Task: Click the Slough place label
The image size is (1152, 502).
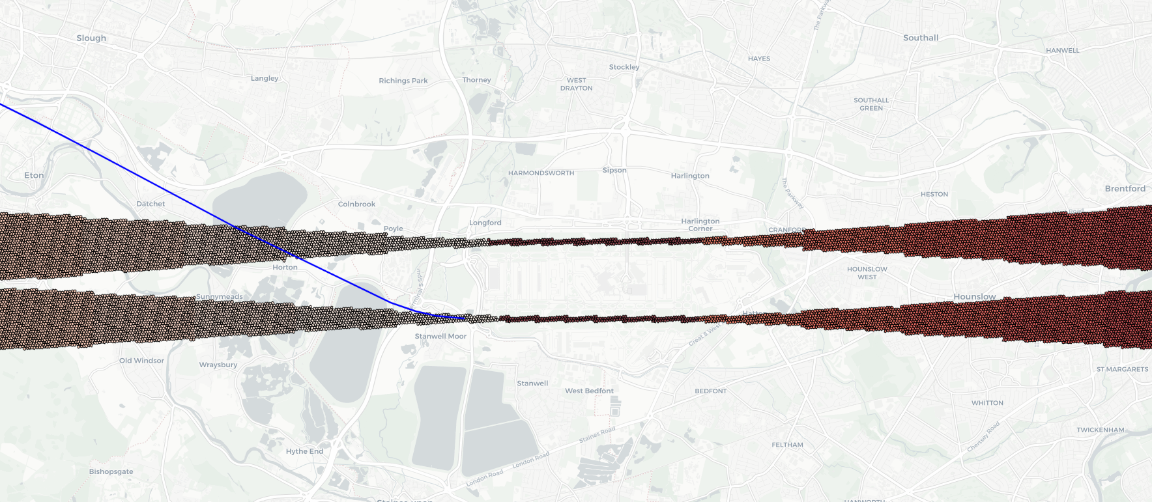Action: pyautogui.click(x=91, y=38)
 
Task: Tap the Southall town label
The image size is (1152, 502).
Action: pyautogui.click(x=921, y=38)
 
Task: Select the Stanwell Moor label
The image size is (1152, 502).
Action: pyautogui.click(x=440, y=336)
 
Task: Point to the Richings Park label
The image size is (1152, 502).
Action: pyautogui.click(x=403, y=81)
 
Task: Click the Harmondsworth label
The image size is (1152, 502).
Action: pyautogui.click(x=541, y=173)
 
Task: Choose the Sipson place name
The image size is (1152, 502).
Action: pyautogui.click(x=614, y=170)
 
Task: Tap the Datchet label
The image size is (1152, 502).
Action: pyautogui.click(x=151, y=204)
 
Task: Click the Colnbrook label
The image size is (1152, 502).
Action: pyautogui.click(x=356, y=204)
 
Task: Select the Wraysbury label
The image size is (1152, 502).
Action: pyautogui.click(x=218, y=365)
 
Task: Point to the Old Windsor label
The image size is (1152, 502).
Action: pyautogui.click(x=141, y=360)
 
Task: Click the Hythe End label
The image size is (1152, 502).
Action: pyautogui.click(x=304, y=451)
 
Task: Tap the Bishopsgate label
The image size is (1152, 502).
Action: pyautogui.click(x=111, y=471)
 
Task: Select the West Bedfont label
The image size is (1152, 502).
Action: pyautogui.click(x=589, y=391)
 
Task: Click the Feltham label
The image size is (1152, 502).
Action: pyautogui.click(x=787, y=445)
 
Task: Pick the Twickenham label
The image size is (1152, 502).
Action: pyautogui.click(x=1100, y=430)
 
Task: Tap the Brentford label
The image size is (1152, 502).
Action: pyautogui.click(x=1125, y=189)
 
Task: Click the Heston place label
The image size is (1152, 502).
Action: pyautogui.click(x=934, y=194)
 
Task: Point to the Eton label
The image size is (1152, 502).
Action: pyautogui.click(x=34, y=175)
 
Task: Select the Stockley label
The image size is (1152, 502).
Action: pyautogui.click(x=624, y=67)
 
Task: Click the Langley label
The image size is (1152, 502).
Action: pyautogui.click(x=265, y=78)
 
